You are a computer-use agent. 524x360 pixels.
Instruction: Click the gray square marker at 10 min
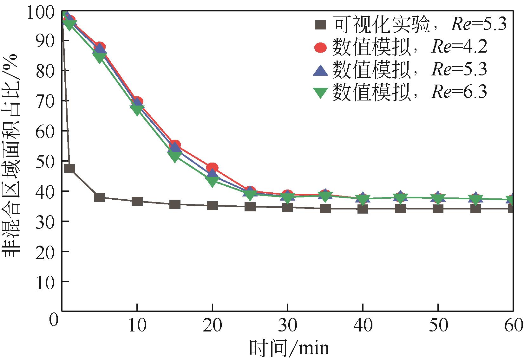point(137,201)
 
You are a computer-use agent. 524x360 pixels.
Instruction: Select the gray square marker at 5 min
point(100,197)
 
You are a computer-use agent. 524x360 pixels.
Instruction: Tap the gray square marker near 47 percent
point(69,168)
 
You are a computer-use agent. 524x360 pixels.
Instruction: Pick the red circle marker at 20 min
point(212,168)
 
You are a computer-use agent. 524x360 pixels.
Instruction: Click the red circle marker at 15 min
point(175,145)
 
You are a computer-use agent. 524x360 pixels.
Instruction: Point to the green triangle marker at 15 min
point(175,156)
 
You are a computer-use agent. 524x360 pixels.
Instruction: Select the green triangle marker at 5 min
point(100,57)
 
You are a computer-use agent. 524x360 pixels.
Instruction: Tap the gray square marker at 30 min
point(287,207)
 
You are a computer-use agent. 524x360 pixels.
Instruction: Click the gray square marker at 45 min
point(400,209)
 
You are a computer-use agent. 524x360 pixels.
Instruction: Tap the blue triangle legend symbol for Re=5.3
point(320,70)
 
